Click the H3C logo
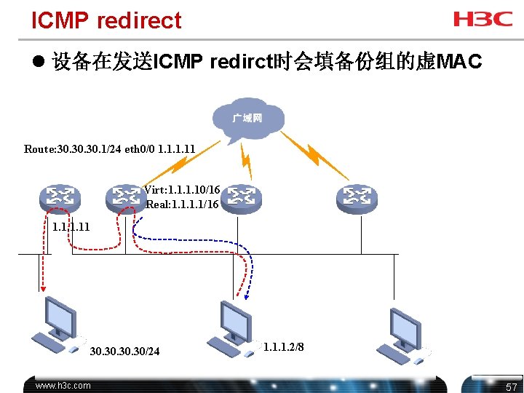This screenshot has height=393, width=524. [483, 19]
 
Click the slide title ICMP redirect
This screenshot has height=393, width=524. [106, 20]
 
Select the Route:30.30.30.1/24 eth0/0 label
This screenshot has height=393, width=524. [109, 149]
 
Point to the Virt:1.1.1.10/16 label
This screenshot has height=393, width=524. [182, 190]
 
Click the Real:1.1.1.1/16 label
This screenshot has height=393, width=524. [183, 205]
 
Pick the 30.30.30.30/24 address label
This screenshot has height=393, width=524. [124, 352]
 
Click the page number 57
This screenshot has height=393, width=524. [511, 386]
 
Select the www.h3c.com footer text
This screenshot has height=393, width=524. [63, 386]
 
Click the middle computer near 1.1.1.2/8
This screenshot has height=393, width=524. [233, 327]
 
